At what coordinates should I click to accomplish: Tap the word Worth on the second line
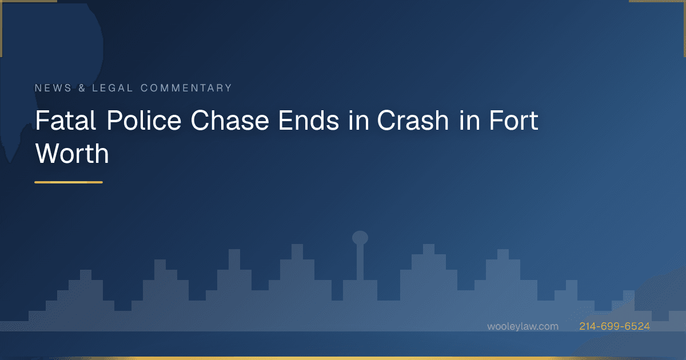coord(72,153)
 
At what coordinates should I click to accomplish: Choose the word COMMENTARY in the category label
coord(186,88)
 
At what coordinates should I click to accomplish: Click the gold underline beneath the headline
coord(69,182)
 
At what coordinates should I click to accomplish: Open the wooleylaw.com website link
coord(523,326)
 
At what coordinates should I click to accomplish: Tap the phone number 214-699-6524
coord(615,326)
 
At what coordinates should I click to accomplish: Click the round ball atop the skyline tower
coord(360,238)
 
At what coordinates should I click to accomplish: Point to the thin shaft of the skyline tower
coord(360,263)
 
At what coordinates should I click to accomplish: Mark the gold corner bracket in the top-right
coord(663,2)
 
